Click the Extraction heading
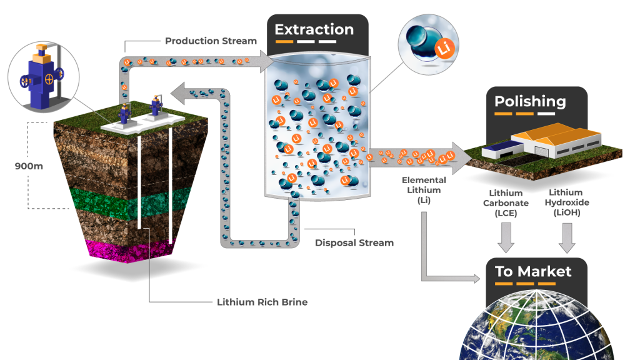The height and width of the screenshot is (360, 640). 314,29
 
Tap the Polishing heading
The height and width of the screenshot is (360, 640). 530,102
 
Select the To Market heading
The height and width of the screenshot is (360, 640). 533,271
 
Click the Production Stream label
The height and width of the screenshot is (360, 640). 211,41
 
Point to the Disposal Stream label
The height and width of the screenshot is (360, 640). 354,242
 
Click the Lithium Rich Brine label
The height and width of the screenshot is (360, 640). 262,302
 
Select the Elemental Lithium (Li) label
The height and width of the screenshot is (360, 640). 424,191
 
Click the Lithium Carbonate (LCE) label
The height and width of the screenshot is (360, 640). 509,203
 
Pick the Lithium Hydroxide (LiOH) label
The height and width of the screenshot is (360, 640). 567,202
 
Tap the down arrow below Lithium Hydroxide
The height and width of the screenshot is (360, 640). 567,238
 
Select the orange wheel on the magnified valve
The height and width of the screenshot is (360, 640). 49,79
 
